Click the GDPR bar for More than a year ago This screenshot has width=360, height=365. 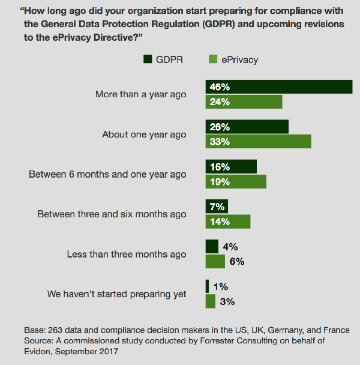click(278, 86)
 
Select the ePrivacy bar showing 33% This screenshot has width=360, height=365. click(258, 141)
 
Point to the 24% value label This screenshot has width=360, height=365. click(220, 102)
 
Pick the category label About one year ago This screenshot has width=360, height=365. click(144, 134)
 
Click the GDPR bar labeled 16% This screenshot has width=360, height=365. click(231, 166)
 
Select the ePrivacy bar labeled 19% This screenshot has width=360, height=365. click(236, 181)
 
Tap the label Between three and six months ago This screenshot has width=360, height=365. click(112, 214)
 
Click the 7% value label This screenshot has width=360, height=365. click(217, 207)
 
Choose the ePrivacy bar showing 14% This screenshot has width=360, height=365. click(228, 222)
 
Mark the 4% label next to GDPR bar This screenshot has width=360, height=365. click(230, 246)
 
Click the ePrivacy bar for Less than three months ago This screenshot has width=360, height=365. click(215, 262)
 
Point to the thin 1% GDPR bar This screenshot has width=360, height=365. click(207, 286)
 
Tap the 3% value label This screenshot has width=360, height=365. click(227, 301)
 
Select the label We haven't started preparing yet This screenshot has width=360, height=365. click(117, 294)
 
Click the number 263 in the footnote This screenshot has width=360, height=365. click(51, 331)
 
